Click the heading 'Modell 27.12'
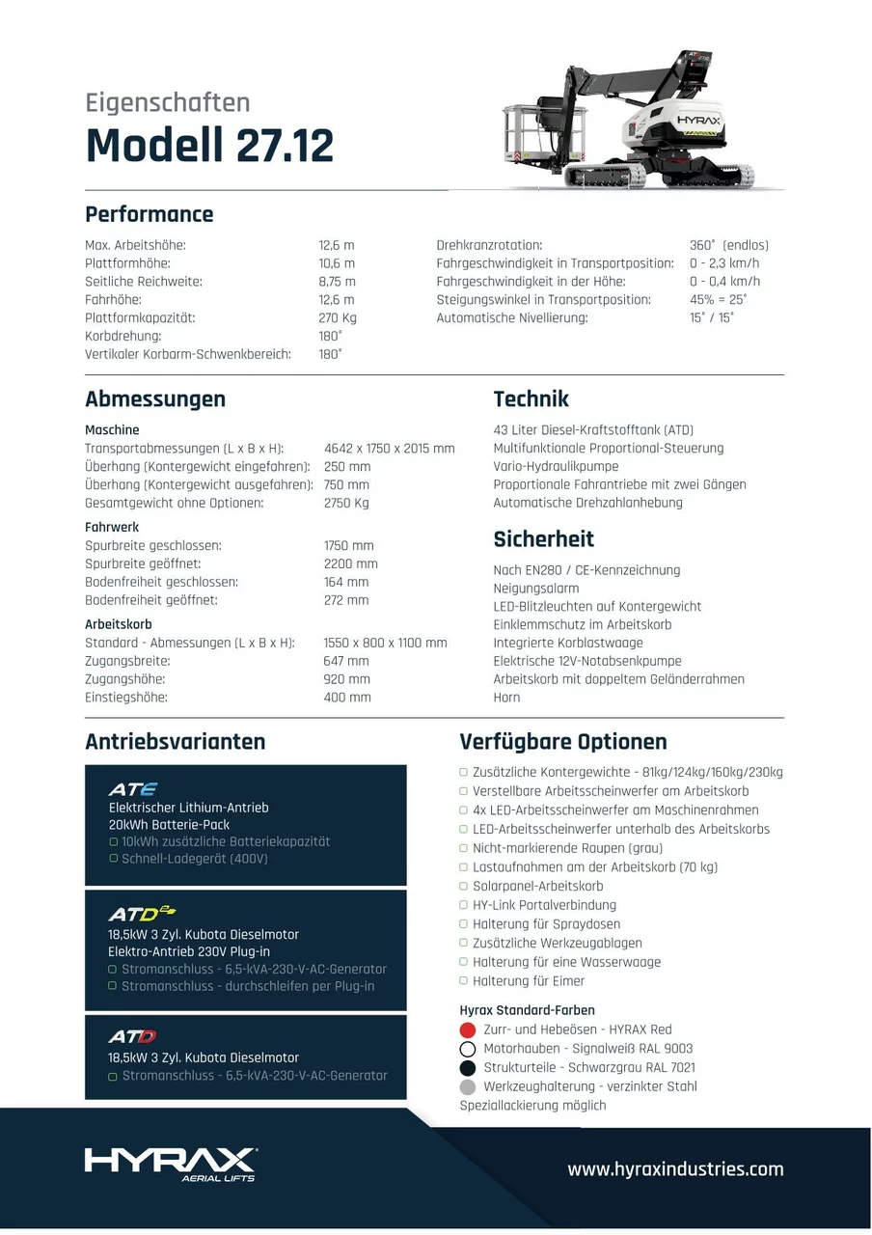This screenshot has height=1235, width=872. point(209,146)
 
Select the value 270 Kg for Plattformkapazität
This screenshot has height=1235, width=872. point(338,317)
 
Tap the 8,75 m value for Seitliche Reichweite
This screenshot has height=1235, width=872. point(337,282)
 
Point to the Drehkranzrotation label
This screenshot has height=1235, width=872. point(489,245)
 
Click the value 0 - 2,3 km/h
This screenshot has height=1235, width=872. point(724,263)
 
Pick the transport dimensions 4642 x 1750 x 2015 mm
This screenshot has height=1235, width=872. point(390,449)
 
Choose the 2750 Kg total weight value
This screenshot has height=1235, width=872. point(346,503)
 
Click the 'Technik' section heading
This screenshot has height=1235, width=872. point(531,399)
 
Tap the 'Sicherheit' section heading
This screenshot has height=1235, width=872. point(543,539)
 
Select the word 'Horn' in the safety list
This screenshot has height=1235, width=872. point(506,698)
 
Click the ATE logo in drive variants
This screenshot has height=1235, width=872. point(133,789)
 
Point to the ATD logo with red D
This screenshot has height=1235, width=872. point(132,1037)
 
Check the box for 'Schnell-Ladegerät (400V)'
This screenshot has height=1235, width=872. point(114,859)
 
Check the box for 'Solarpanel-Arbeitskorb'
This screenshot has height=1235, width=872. point(464,887)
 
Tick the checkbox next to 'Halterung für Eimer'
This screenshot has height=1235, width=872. point(464,981)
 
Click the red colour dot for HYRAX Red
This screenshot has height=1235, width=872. point(468,1029)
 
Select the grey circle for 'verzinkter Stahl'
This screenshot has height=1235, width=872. point(468,1086)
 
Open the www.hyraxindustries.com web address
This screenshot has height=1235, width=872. point(675,1169)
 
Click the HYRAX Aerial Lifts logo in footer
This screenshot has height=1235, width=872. point(171,1163)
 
